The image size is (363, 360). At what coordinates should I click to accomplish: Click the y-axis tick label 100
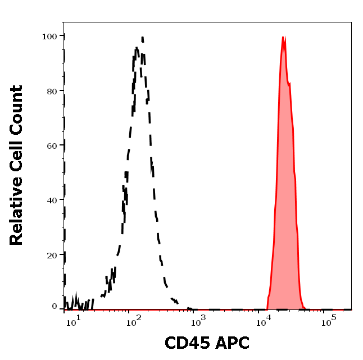[x=49, y=36]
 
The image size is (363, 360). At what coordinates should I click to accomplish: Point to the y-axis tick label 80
[x=52, y=90]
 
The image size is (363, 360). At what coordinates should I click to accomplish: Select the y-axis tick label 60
[x=52, y=145]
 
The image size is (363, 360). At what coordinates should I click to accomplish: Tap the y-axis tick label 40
[x=52, y=200]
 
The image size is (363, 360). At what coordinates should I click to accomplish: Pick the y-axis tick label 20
[x=52, y=255]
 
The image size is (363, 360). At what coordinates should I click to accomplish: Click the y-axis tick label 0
[x=55, y=307]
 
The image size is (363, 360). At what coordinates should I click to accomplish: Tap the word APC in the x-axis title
[x=232, y=343]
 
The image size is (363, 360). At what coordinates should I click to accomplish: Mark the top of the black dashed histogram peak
[x=142, y=38]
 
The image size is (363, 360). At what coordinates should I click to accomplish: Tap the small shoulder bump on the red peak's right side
[x=290, y=84]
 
